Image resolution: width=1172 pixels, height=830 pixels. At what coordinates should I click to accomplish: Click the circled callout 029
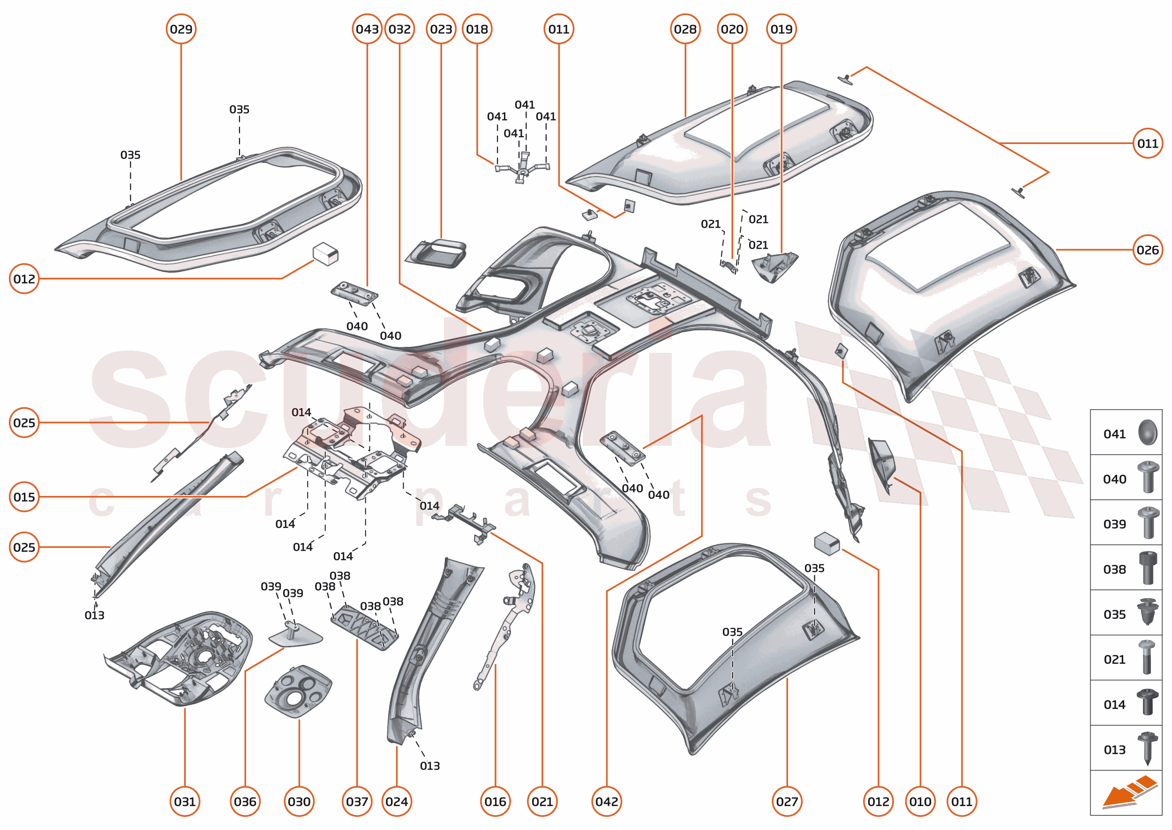pos(181,29)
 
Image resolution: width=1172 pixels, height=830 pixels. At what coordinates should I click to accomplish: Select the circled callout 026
pos(1148,250)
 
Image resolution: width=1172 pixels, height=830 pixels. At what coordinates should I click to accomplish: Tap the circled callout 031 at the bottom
pos(184,801)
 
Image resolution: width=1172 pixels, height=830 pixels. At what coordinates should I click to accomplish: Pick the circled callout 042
pos(606,801)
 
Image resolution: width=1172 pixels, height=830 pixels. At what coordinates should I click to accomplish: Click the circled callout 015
pos(24,497)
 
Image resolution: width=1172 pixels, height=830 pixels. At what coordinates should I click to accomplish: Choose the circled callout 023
pos(441,29)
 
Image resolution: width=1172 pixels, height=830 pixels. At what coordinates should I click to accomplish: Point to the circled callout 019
pos(781,29)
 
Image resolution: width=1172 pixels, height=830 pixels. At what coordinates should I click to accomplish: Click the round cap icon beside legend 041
pos(1147,433)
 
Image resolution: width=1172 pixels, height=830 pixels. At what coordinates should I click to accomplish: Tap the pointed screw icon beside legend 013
pos(1148,748)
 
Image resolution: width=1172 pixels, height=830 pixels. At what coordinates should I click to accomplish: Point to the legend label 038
pos(1114,569)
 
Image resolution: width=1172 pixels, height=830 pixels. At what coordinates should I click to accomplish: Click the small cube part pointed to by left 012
pos(325,254)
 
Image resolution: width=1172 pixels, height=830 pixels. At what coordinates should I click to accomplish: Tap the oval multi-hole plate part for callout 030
pos(298,691)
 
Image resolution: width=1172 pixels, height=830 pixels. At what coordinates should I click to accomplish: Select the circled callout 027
pos(787,801)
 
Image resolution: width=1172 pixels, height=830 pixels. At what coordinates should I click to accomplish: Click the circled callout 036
pos(245,801)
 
